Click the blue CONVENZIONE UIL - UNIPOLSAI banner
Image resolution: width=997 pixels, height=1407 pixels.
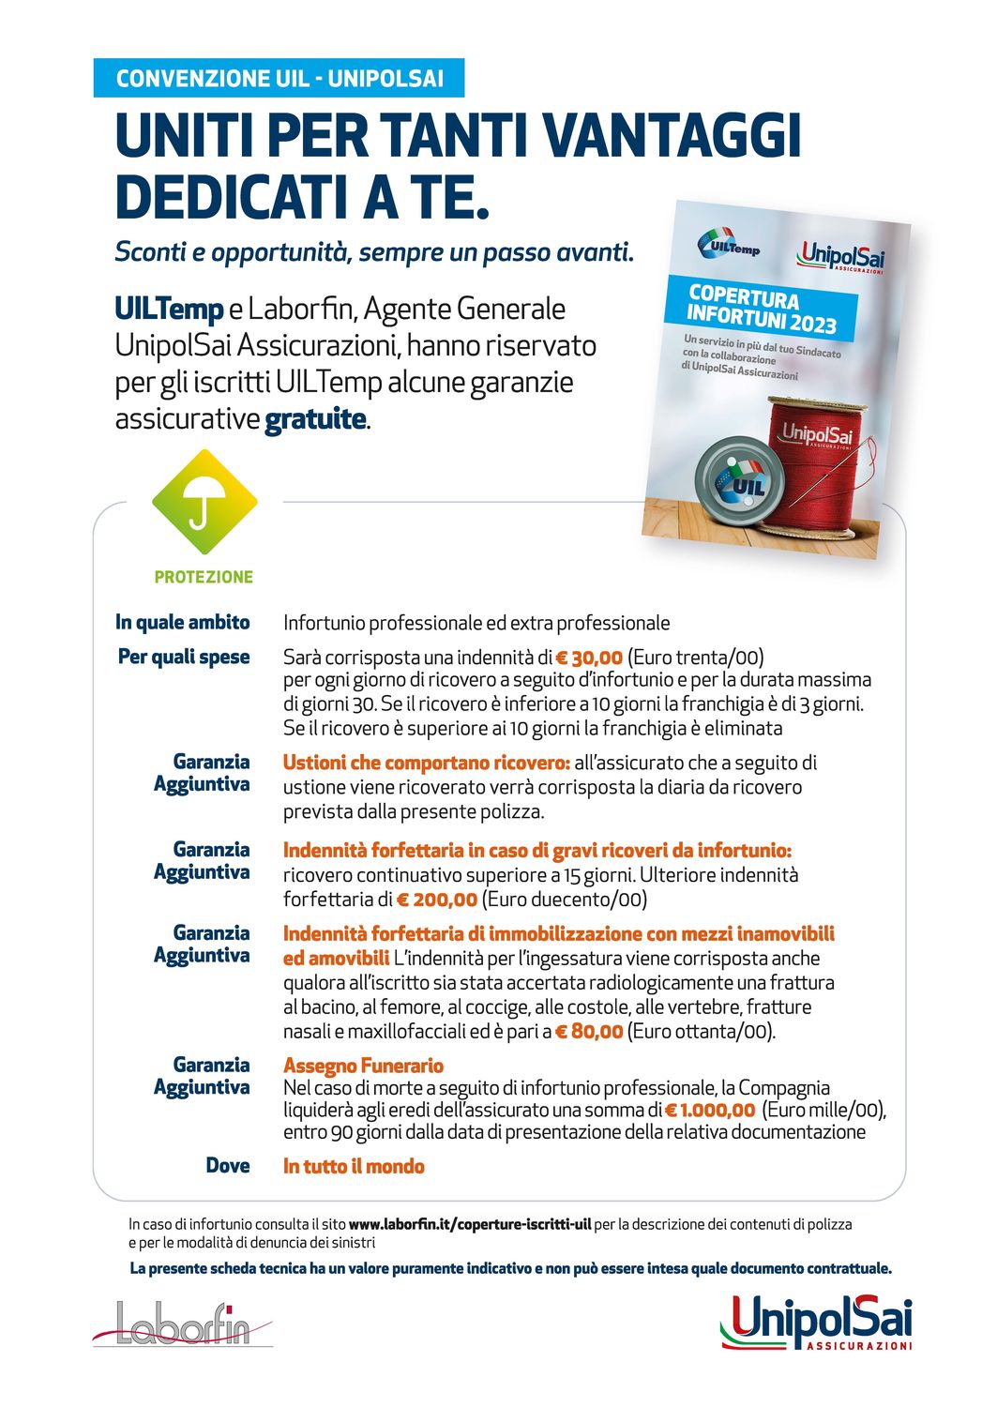279,78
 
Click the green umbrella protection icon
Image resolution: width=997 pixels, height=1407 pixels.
204,502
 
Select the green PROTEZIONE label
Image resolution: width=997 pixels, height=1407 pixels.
204,577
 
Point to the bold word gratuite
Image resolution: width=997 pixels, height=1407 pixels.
315,418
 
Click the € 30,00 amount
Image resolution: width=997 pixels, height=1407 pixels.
589,658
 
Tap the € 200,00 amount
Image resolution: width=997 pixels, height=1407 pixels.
436,900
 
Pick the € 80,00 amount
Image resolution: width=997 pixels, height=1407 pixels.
589,1032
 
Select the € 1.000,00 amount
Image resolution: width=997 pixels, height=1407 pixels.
710,1111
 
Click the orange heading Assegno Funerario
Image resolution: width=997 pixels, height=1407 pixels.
363,1066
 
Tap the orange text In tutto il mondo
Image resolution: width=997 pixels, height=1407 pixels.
354,1166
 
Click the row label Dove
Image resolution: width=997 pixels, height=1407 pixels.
228,1165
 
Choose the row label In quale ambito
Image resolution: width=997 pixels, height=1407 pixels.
183,622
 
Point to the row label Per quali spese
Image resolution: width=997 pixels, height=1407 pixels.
184,657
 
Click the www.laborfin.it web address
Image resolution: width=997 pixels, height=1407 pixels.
470,1224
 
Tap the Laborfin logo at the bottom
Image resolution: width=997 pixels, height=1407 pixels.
183,1324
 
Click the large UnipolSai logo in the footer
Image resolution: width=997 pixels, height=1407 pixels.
816,1323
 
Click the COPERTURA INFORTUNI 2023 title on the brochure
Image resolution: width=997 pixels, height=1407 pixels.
761,309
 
